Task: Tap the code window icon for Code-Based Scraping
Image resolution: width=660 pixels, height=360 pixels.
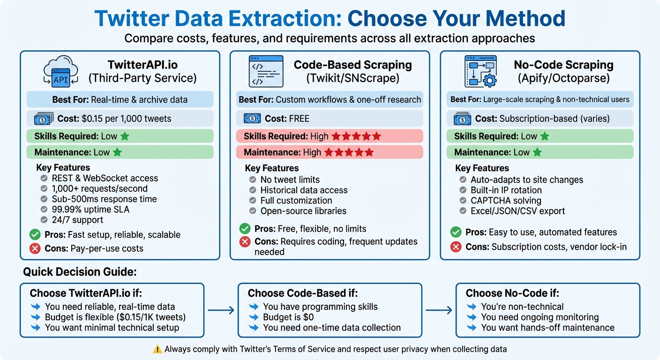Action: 266,72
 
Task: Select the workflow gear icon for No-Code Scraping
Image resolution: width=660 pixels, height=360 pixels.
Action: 480,72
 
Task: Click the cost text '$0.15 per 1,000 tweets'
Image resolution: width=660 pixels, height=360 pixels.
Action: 124,119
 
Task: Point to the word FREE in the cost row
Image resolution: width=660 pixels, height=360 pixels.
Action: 299,119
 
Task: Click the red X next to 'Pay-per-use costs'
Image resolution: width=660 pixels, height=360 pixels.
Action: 35,248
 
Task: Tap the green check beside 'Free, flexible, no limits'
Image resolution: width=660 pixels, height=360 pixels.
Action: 245,229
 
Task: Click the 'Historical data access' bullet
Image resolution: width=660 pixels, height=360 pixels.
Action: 304,190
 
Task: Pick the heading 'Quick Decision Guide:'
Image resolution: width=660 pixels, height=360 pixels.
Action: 80,272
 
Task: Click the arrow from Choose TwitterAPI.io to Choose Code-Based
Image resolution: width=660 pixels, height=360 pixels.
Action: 221,310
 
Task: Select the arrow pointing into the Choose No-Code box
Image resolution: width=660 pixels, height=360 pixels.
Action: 439,310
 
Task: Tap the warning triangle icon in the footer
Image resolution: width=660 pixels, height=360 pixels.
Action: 157,349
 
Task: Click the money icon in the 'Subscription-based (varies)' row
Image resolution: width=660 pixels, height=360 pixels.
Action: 463,119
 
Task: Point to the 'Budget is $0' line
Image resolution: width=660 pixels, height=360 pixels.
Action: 288,317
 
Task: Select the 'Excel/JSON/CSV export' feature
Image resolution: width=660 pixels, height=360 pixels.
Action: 517,211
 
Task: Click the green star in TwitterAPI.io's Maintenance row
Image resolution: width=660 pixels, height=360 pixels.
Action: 117,152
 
